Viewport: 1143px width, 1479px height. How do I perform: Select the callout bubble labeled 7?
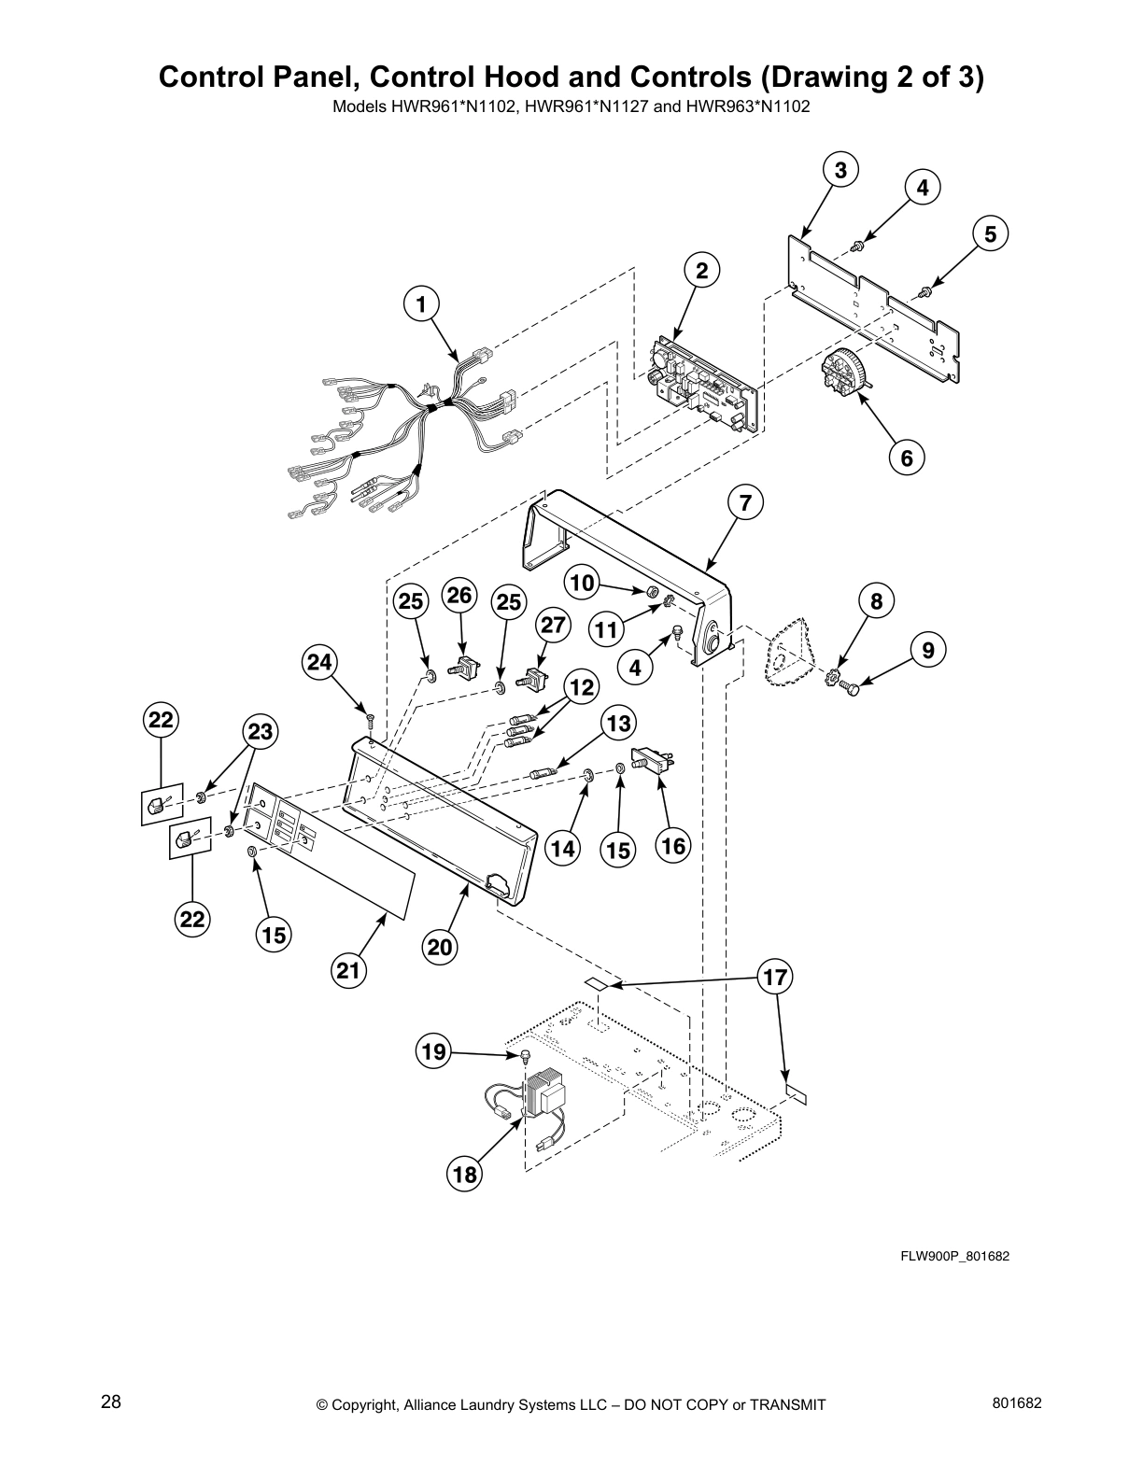[745, 502]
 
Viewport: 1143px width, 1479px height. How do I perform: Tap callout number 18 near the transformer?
[465, 1174]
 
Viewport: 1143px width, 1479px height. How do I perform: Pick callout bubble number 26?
[459, 595]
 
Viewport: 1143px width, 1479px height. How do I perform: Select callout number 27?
[554, 624]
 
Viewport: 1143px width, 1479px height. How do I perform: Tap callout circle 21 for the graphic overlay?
[348, 971]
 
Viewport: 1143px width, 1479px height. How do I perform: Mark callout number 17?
[775, 978]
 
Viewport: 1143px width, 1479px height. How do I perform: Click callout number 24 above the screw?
[320, 662]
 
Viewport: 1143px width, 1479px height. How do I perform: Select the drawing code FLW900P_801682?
[954, 1256]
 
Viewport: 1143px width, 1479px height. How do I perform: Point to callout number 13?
[618, 722]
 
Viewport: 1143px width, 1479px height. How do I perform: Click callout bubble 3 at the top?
[840, 170]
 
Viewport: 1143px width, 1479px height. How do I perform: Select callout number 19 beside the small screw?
[432, 1053]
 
